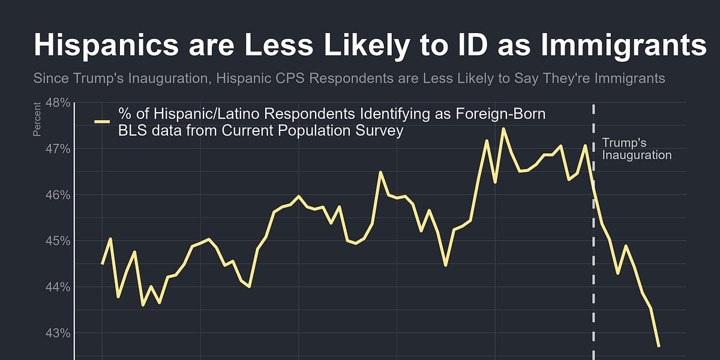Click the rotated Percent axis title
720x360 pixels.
tap(37, 119)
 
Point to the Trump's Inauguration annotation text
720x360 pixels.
tap(636, 149)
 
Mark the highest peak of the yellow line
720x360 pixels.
tap(503, 128)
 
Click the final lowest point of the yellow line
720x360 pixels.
tap(659, 346)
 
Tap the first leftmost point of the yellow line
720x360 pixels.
tap(102, 263)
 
